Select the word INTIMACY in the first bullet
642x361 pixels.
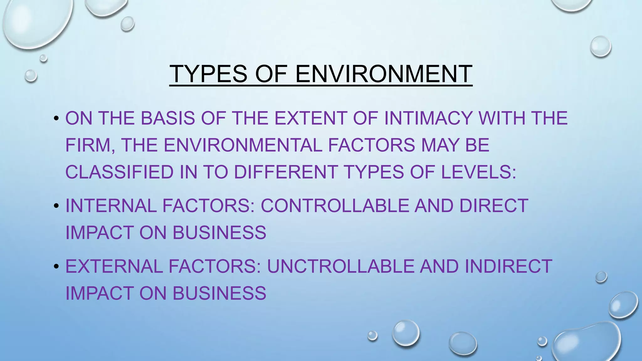point(428,118)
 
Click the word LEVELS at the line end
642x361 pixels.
point(478,172)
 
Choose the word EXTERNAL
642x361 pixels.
point(114,266)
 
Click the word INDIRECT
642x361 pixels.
point(508,266)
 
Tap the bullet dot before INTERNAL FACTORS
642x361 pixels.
point(56,206)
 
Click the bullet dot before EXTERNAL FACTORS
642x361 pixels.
point(56,266)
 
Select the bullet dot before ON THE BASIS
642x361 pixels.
point(56,118)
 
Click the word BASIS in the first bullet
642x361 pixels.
point(167,118)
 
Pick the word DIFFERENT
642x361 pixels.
point(286,172)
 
